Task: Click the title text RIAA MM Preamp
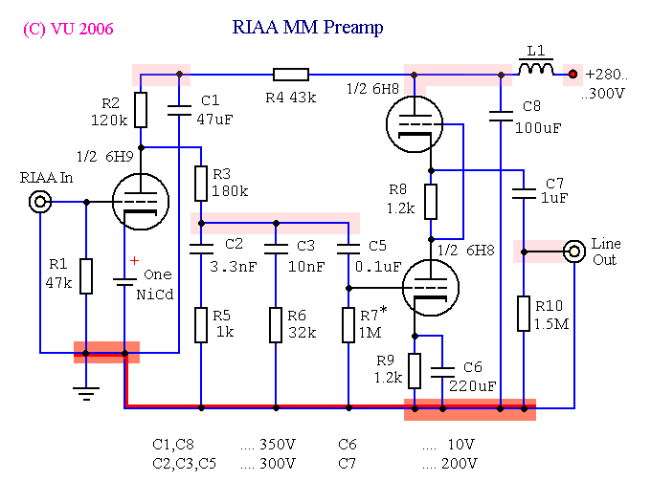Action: pyautogui.click(x=307, y=28)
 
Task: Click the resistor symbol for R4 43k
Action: pyautogui.click(x=290, y=74)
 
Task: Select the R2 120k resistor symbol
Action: pyautogui.click(x=141, y=110)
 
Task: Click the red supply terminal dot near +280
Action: pyautogui.click(x=572, y=74)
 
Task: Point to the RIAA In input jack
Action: pyautogui.click(x=39, y=202)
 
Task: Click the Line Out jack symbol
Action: pyautogui.click(x=574, y=251)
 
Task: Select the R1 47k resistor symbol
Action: pyautogui.click(x=86, y=275)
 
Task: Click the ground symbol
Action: pyautogui.click(x=86, y=392)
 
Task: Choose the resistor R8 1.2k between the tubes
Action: pyautogui.click(x=431, y=202)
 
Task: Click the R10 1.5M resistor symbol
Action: pyautogui.click(x=524, y=314)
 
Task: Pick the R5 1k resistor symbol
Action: pyautogui.click(x=201, y=325)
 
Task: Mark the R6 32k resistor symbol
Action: pyautogui.click(x=275, y=325)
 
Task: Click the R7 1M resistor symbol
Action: pyautogui.click(x=348, y=325)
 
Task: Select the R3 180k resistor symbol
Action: pyautogui.click(x=201, y=183)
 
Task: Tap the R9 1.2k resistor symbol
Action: pyautogui.click(x=415, y=370)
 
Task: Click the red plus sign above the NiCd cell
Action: pyautogui.click(x=134, y=260)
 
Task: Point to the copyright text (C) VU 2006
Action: pyautogui.click(x=68, y=30)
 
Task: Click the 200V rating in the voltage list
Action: pyautogui.click(x=458, y=464)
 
